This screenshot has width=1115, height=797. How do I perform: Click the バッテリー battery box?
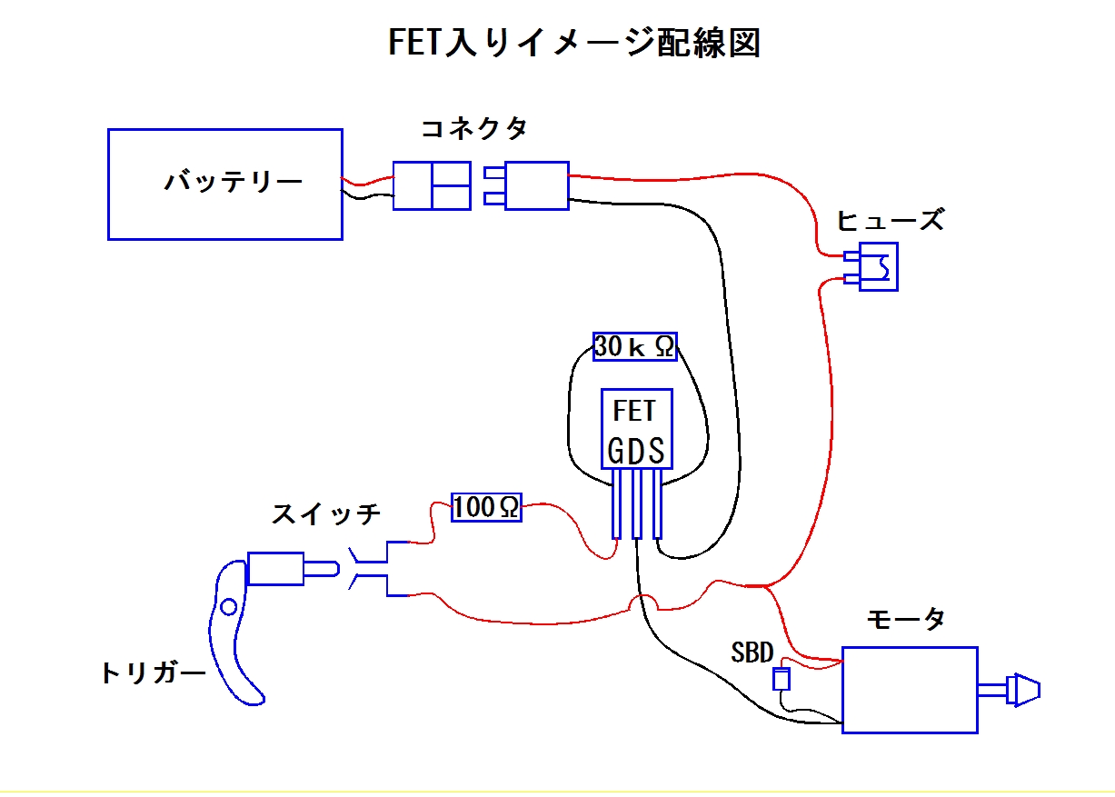(224, 184)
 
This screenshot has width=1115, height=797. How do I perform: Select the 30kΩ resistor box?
(635, 346)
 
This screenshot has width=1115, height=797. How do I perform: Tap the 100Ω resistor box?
(487, 507)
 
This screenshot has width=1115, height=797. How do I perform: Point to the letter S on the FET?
(656, 452)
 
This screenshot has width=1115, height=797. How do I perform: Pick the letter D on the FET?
(637, 452)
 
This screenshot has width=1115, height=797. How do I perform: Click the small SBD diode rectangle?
(780, 679)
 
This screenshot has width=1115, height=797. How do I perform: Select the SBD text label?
(752, 653)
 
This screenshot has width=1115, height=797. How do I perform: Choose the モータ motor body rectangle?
(910, 689)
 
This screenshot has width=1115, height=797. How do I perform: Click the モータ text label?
(905, 620)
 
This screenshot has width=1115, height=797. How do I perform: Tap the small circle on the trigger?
(228, 606)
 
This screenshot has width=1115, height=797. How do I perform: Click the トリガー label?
(152, 673)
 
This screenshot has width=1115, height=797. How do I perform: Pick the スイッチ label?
(326, 514)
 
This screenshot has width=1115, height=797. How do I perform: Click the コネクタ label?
(473, 129)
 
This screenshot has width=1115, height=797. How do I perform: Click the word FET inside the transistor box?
(634, 411)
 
